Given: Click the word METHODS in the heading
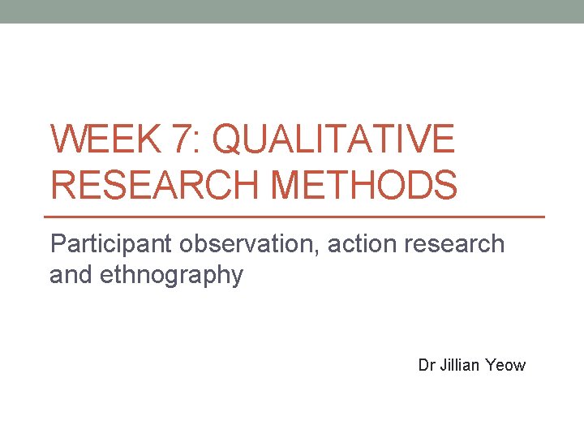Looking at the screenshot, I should [364, 184].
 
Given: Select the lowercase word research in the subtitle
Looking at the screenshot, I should [457, 244].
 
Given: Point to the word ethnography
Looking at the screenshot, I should [172, 276].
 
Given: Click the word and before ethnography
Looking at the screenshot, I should [71, 276].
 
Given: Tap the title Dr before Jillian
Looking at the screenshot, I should [427, 365].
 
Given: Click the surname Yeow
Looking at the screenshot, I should [507, 365].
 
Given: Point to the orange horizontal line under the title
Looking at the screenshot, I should [297, 217].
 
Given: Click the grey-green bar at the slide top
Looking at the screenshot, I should [292, 11].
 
